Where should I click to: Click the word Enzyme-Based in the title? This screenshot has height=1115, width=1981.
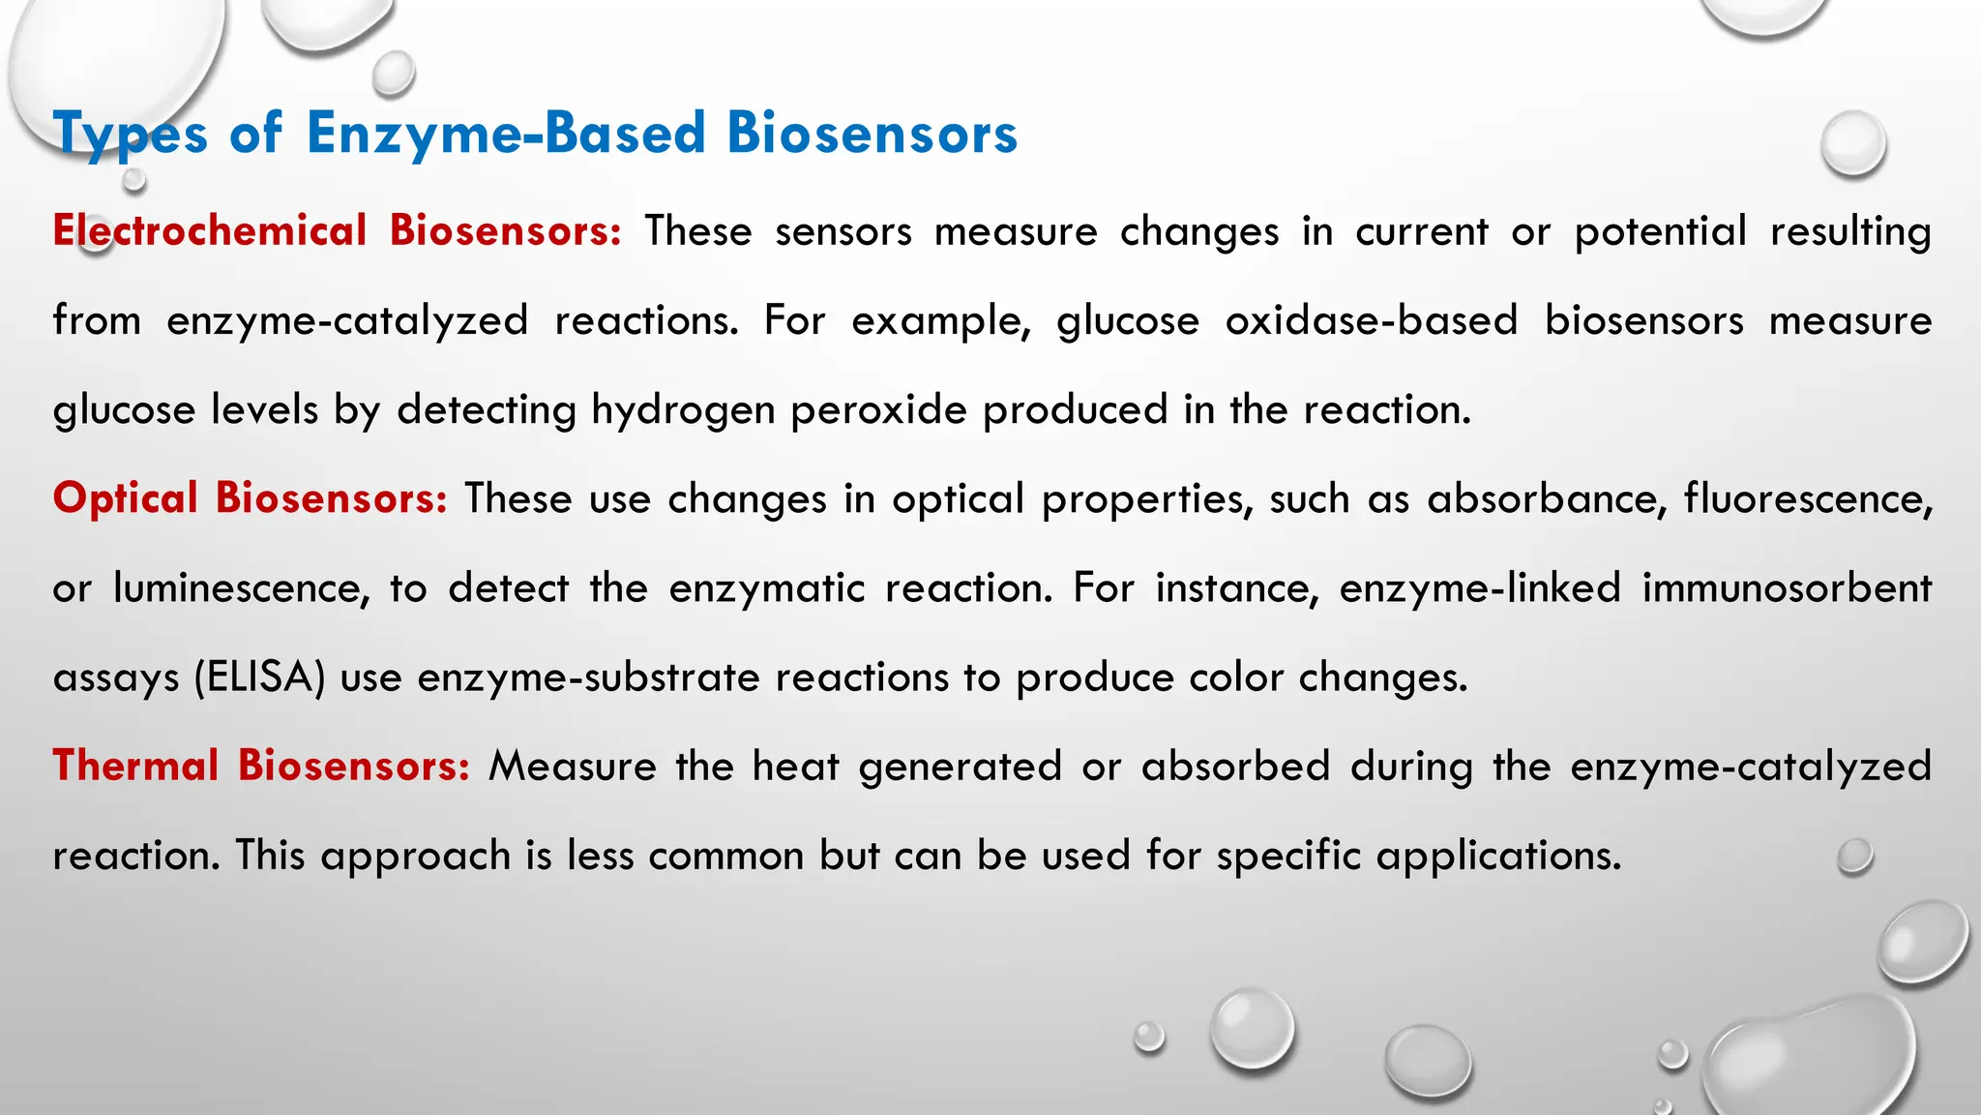click(x=506, y=134)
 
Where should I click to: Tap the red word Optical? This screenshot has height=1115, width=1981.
click(x=126, y=498)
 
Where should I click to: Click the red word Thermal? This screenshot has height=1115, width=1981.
click(x=136, y=766)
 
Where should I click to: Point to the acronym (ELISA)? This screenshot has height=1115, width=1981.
click(x=259, y=677)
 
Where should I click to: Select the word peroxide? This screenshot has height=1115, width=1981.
click(x=878, y=410)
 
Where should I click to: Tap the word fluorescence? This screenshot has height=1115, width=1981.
click(x=1808, y=498)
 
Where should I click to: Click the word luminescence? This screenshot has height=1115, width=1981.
click(x=241, y=588)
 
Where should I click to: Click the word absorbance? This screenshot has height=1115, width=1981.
click(x=1547, y=498)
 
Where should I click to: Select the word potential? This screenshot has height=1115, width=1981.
click(x=1661, y=231)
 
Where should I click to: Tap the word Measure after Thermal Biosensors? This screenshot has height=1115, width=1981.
click(x=573, y=766)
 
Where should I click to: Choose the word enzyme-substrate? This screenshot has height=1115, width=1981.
click(x=589, y=677)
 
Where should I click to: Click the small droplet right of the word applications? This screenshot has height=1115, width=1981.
click(x=1854, y=856)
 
